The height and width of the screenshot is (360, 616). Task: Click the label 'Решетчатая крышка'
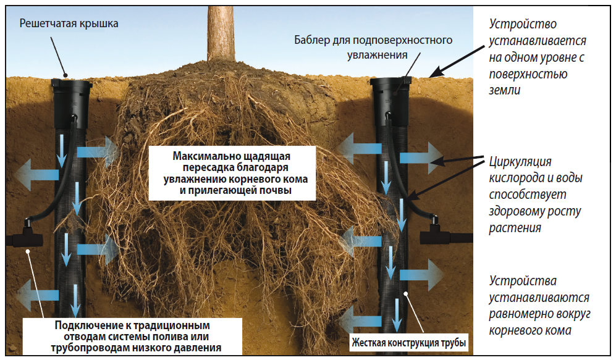68,24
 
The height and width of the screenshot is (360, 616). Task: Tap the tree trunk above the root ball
219,31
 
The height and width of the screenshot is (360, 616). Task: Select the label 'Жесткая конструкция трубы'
407,341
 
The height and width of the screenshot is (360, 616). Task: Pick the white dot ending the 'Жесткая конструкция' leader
405,295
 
